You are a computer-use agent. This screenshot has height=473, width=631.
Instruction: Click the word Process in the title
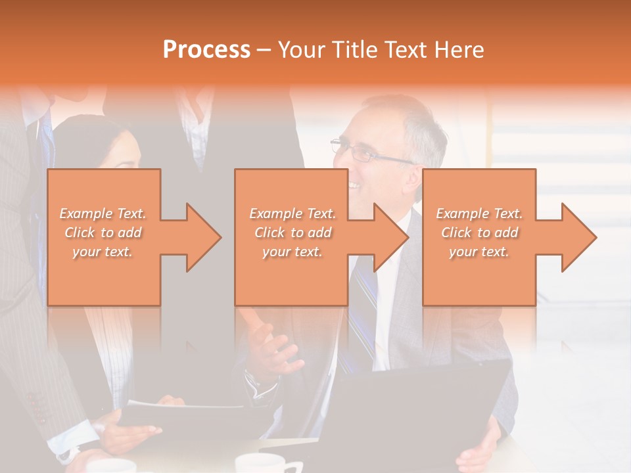click(x=206, y=50)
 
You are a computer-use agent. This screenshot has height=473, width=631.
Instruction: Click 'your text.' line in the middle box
click(x=292, y=252)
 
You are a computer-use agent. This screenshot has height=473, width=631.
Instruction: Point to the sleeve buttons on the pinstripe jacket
click(x=35, y=407)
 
